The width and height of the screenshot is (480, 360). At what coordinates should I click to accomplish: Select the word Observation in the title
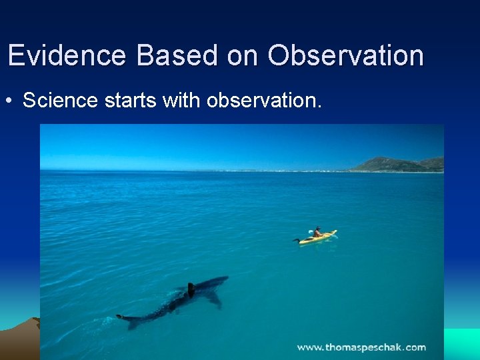(x=345, y=55)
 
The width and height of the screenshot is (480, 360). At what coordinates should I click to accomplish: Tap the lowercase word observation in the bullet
(x=264, y=101)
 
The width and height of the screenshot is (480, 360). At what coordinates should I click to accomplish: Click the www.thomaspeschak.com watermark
(x=361, y=347)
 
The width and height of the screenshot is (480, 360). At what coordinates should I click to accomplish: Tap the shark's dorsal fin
(x=191, y=289)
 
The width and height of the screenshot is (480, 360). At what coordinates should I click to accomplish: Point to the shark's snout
(x=225, y=279)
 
